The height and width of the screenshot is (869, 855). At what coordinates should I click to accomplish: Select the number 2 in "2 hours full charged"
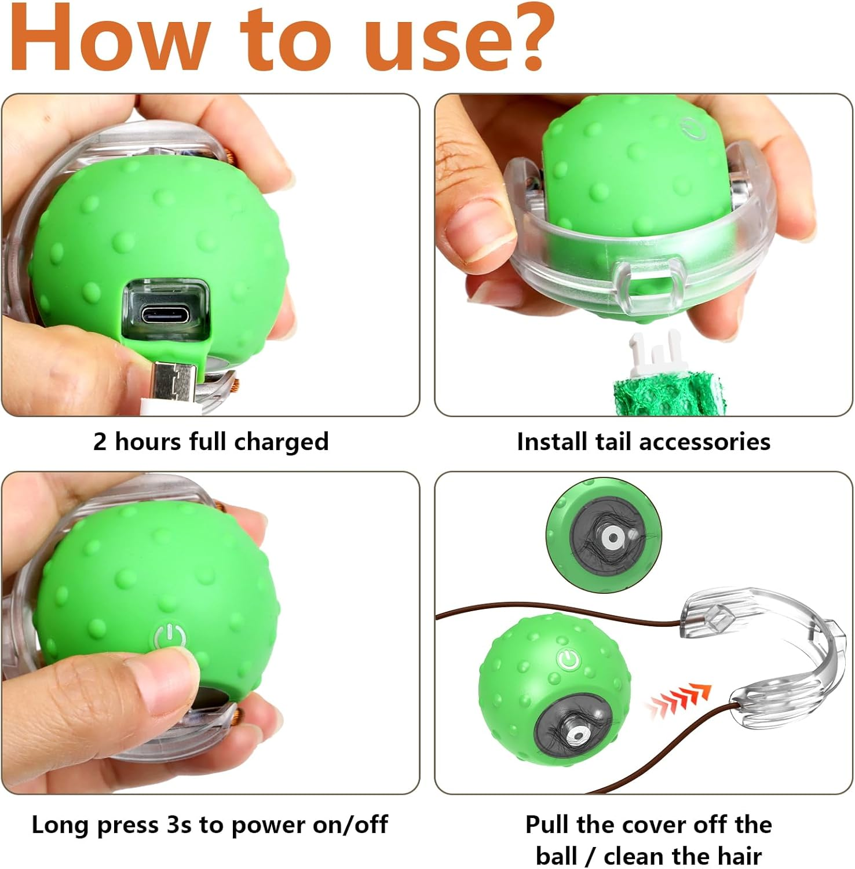coord(100,442)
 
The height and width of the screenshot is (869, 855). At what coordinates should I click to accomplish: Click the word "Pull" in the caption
coord(547,824)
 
